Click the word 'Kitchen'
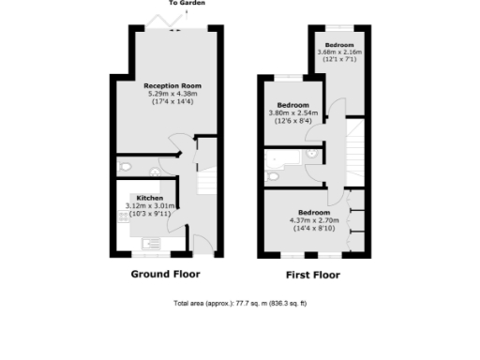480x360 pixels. point(150,199)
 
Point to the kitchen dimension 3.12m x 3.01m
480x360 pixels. point(150,206)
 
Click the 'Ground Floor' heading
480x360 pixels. point(164,274)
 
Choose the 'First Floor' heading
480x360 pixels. point(312,275)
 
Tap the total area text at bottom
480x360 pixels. point(240,304)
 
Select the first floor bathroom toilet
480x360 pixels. point(273,175)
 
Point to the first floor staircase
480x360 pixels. point(354,150)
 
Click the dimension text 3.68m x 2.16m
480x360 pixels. point(338,53)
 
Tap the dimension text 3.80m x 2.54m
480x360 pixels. point(292,113)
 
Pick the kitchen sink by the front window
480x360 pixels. point(150,250)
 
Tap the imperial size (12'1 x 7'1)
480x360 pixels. point(338,61)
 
